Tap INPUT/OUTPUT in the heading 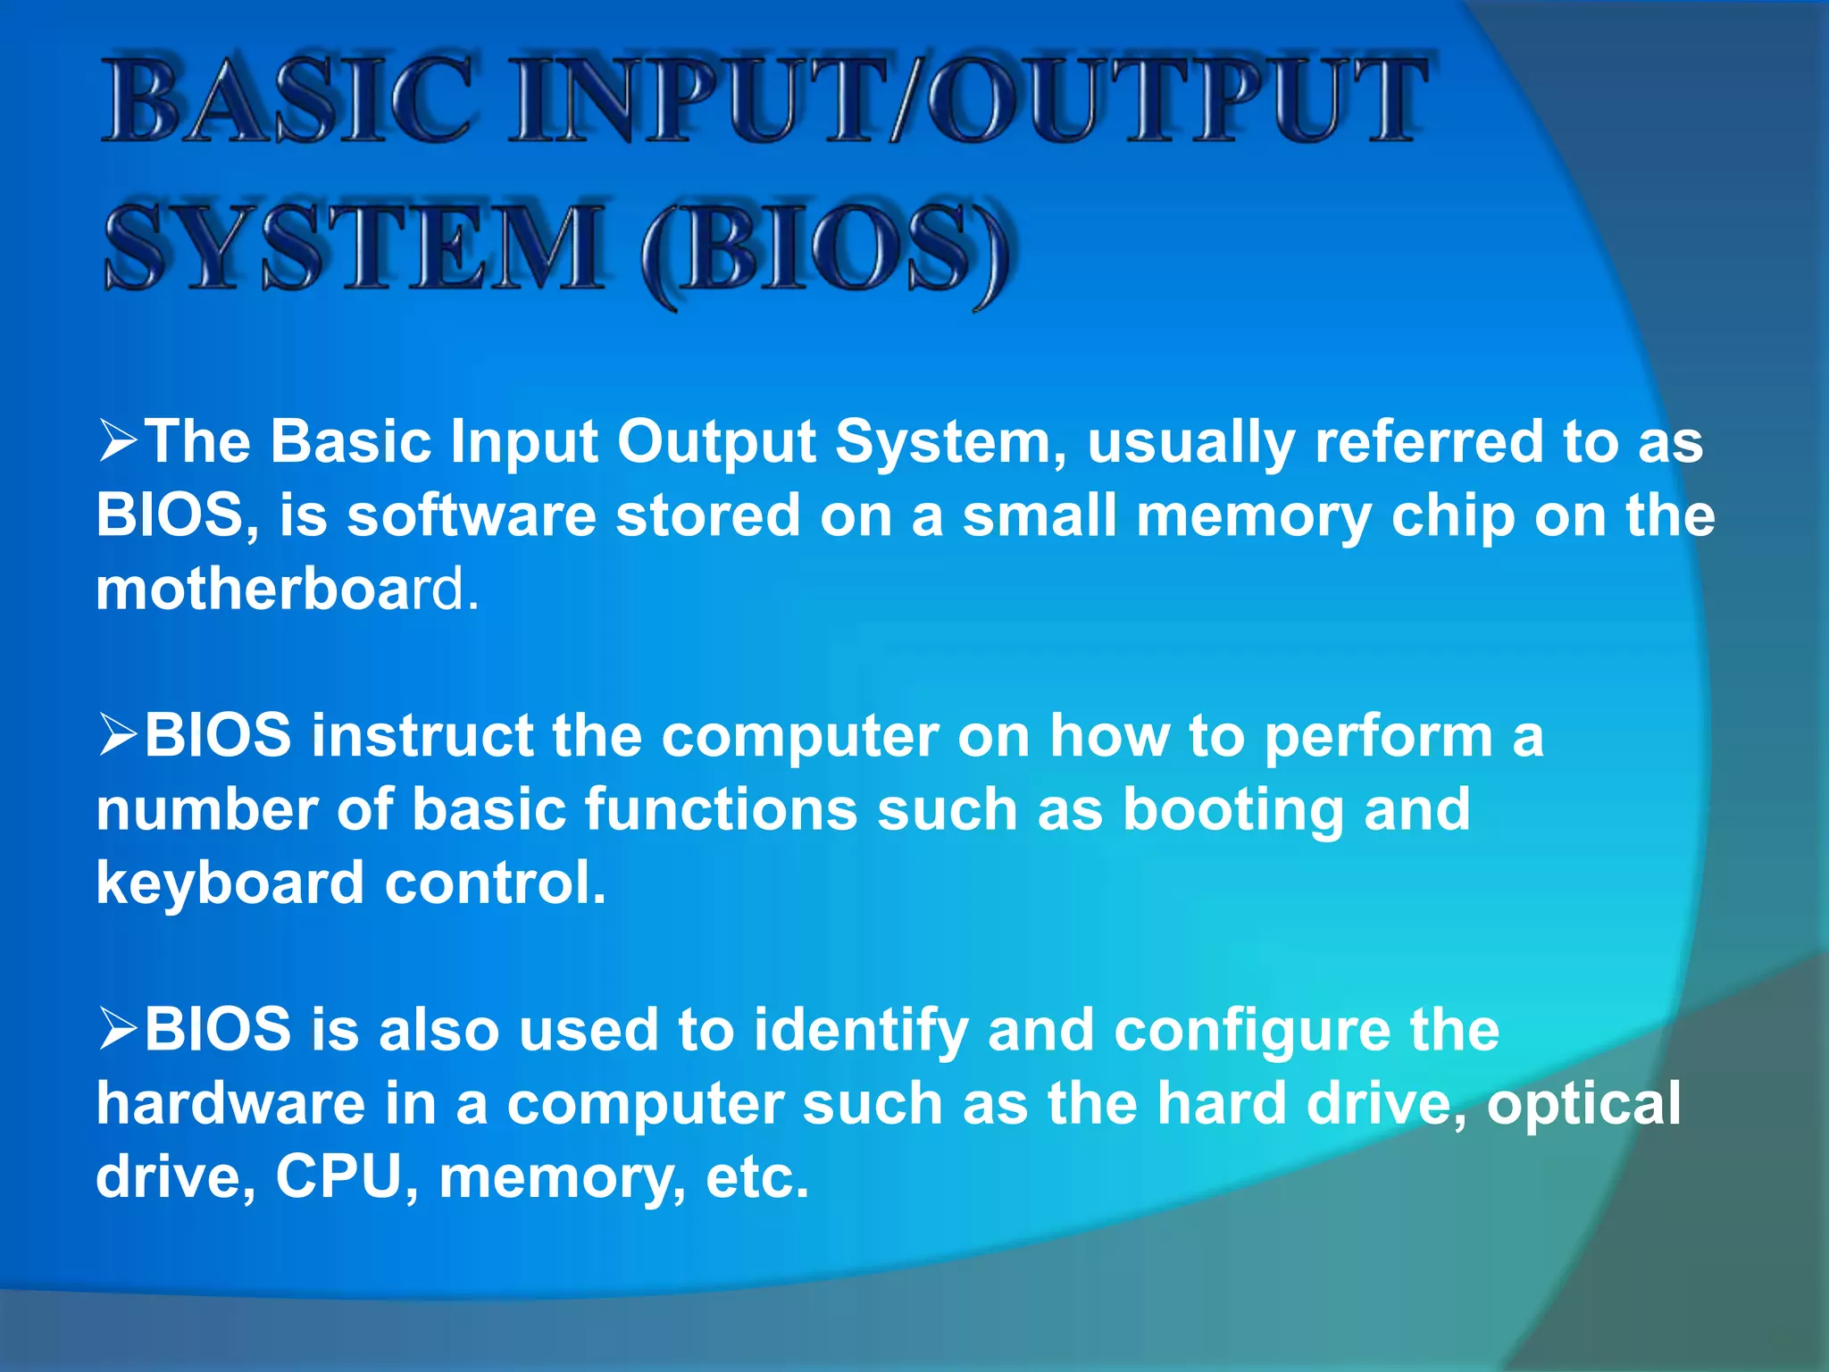pyautogui.click(x=969, y=100)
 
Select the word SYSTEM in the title pyautogui.click(x=354, y=247)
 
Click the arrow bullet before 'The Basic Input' pyautogui.click(x=118, y=442)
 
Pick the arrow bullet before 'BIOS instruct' pyautogui.click(x=118, y=736)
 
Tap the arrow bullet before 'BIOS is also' pyautogui.click(x=118, y=1030)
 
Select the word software pyautogui.click(x=471, y=517)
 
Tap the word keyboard pyautogui.click(x=230, y=884)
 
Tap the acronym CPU pyautogui.click(x=340, y=1177)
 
